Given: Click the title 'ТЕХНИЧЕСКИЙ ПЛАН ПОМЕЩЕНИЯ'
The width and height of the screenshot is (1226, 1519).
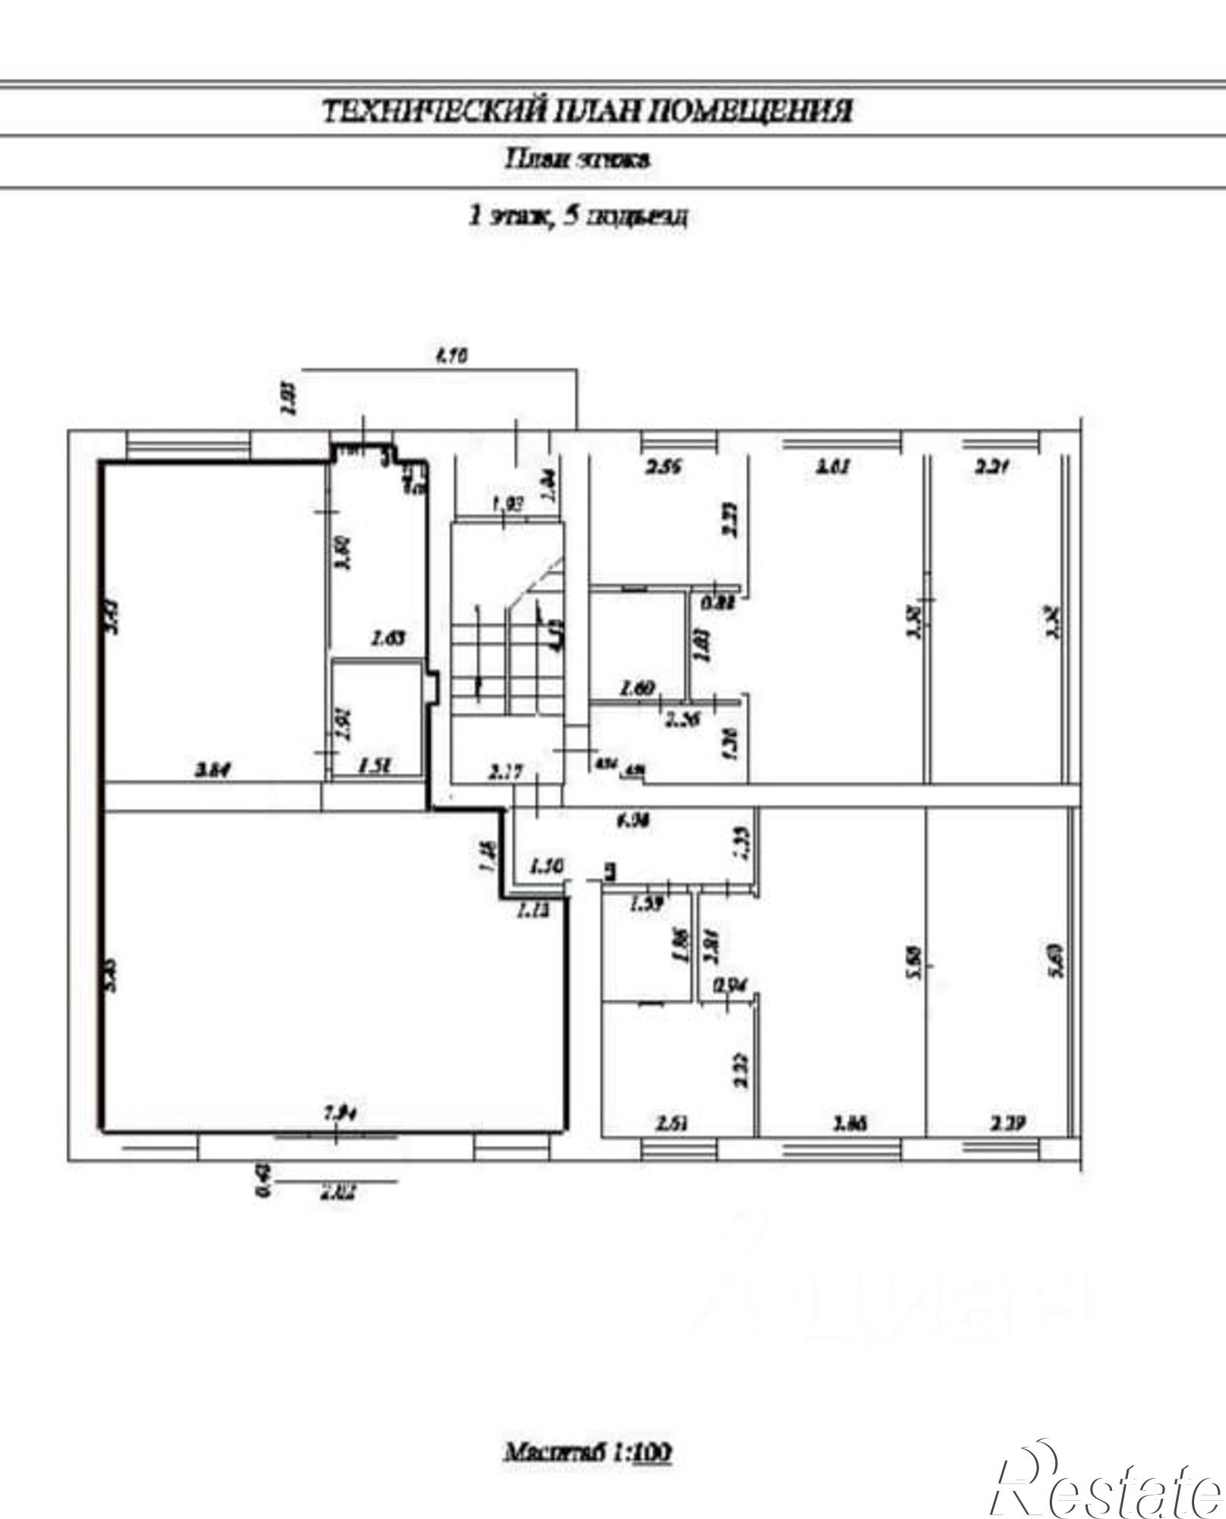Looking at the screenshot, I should [x=588, y=111].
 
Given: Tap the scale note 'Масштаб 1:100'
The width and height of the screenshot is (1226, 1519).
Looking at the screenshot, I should [x=588, y=1452].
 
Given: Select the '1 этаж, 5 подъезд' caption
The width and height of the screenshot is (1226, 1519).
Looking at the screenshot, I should [x=579, y=216].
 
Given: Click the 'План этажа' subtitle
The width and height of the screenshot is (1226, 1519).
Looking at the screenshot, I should [x=579, y=159].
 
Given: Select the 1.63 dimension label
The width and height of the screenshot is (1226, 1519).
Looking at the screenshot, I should [x=387, y=638].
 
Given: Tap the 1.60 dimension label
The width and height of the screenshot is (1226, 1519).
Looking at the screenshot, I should [x=637, y=690].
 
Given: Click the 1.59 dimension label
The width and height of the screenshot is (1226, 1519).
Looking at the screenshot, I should [x=647, y=904].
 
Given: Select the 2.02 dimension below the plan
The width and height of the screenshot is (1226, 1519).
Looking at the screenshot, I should [x=338, y=1192].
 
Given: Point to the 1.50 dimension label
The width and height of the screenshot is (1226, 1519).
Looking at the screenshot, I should [x=545, y=866].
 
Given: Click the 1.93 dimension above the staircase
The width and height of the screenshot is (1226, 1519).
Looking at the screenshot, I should [x=509, y=504].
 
